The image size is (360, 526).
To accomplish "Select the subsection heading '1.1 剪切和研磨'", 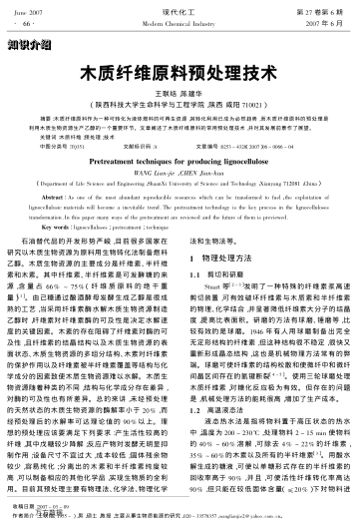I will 217,271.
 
